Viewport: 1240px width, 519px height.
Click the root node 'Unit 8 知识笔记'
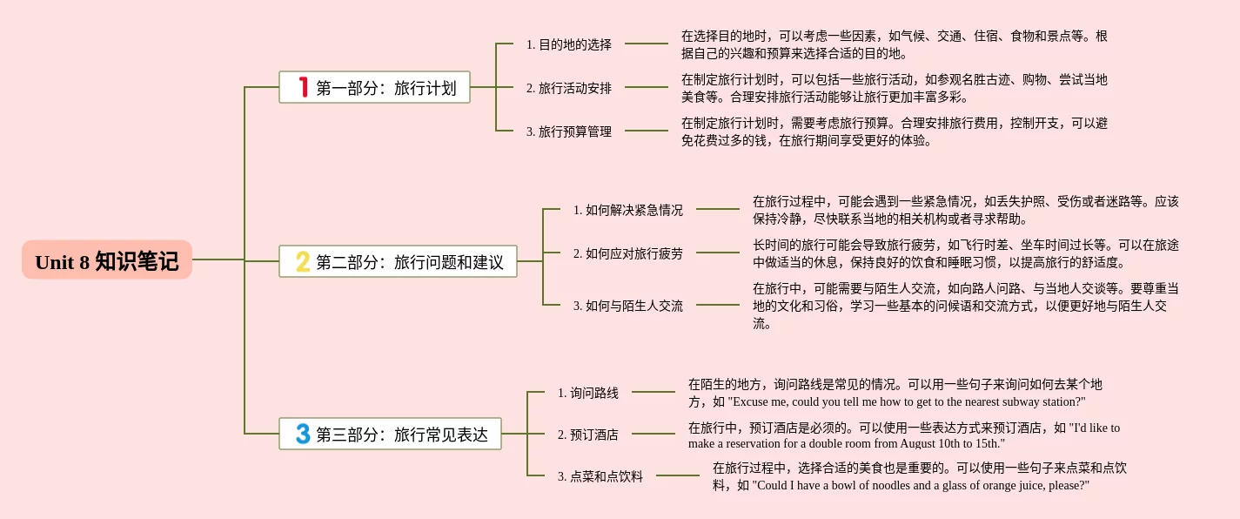[106, 260]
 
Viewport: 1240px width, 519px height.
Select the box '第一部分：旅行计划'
[374, 87]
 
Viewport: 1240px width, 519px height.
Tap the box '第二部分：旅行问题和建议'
[398, 261]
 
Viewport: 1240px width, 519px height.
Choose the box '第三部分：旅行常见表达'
[390, 434]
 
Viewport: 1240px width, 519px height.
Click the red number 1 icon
[304, 87]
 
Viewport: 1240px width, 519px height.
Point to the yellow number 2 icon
[303, 261]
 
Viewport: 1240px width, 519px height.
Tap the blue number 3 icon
[303, 434]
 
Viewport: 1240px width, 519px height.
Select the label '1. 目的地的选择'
[568, 44]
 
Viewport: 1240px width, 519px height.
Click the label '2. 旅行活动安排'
[568, 88]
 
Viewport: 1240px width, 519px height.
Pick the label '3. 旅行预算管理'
[568, 131]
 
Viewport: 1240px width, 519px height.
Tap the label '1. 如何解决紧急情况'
[627, 210]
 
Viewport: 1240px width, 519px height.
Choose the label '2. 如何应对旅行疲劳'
[627, 253]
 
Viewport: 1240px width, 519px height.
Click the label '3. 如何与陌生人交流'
[627, 306]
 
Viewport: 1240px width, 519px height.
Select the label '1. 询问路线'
[587, 393]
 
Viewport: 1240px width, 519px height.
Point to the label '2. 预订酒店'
[587, 435]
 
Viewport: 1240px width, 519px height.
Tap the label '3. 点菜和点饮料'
[600, 476]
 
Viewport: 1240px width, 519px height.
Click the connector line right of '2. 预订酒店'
[653, 434]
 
